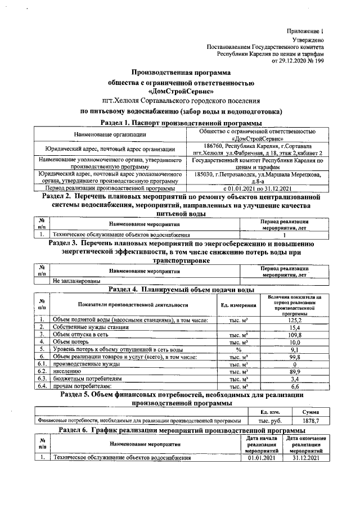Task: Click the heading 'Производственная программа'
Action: pos(181,73)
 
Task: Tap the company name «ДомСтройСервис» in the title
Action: pos(181,91)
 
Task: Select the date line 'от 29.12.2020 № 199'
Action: pos(298,60)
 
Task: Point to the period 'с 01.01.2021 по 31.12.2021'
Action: pos(256,188)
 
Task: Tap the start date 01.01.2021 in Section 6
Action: pos(263,458)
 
